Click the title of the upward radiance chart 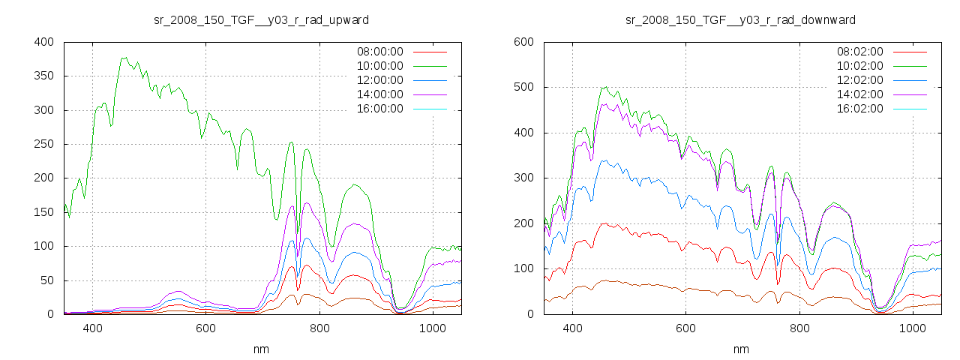click(x=261, y=19)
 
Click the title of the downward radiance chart click(x=741, y=19)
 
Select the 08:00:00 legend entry click(x=379, y=52)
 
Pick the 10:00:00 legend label click(x=379, y=66)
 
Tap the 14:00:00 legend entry click(x=379, y=94)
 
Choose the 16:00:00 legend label click(x=379, y=109)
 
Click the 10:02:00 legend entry click(x=859, y=66)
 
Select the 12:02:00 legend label click(x=859, y=80)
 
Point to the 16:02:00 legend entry click(x=859, y=109)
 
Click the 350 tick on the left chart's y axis click(x=43, y=76)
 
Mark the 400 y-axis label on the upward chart click(x=43, y=42)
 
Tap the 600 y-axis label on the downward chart click(x=523, y=42)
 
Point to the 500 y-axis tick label click(x=523, y=88)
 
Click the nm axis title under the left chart click(x=261, y=349)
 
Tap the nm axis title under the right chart click(x=741, y=349)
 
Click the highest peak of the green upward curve click(x=123, y=57)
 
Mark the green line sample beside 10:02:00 click(x=910, y=66)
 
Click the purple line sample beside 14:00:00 click(x=430, y=94)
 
